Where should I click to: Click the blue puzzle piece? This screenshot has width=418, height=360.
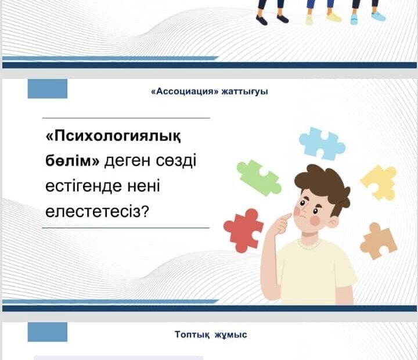322,143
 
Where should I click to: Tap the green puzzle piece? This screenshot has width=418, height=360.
258,177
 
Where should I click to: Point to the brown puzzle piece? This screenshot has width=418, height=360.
379,242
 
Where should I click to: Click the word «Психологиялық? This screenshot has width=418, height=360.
113,137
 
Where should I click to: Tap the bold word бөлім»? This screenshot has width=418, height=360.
72,161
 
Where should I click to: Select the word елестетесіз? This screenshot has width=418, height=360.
96,211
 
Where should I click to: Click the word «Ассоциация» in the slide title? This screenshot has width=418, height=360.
185,92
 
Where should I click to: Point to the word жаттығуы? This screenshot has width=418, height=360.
245,92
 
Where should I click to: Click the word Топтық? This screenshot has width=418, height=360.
192,334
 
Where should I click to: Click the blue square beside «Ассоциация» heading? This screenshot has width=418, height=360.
48,89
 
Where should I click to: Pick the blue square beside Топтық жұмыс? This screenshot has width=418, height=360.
48,332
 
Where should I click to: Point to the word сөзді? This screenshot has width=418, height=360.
176,160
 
